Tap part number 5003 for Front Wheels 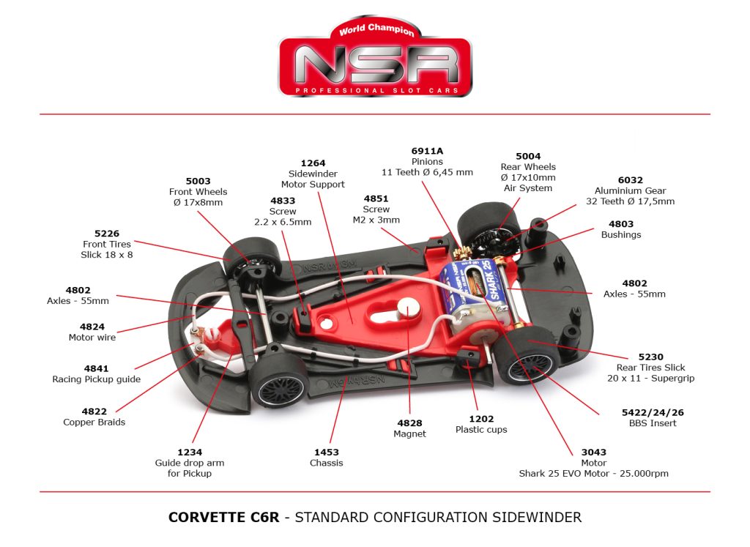(x=198, y=181)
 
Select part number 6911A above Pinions (x=427, y=151)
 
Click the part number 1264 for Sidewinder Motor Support (x=313, y=163)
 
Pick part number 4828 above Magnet (x=409, y=423)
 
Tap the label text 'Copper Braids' (x=94, y=423)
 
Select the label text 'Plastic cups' (x=481, y=430)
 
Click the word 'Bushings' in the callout (x=621, y=235)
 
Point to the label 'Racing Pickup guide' (x=96, y=379)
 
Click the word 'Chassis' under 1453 (x=326, y=463)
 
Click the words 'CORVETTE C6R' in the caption (x=223, y=518)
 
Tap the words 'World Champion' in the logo (x=376, y=31)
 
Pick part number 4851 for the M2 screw (x=376, y=198)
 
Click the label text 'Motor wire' (x=92, y=338)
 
